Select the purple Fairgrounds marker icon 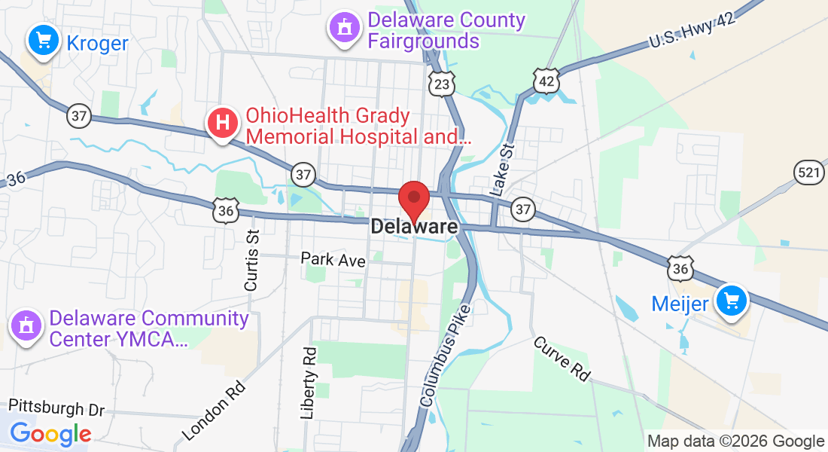[x=344, y=28]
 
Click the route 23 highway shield [x=442, y=84]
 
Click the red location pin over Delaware [x=414, y=197]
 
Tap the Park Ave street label [x=333, y=259]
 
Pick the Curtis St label [x=251, y=261]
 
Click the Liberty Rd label [x=309, y=383]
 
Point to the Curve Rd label [x=562, y=359]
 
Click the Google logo [x=50, y=433]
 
